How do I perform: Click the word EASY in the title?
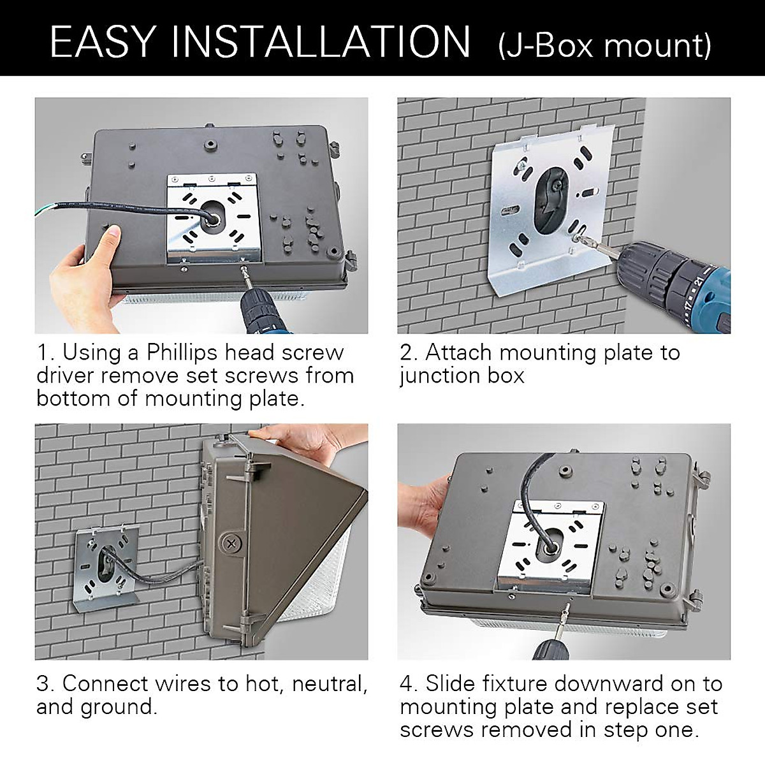[x=102, y=41]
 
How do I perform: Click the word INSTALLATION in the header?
[x=321, y=41]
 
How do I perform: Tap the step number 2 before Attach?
[x=406, y=353]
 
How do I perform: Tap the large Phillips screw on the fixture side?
[x=231, y=542]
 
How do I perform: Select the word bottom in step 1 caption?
[x=73, y=398]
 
